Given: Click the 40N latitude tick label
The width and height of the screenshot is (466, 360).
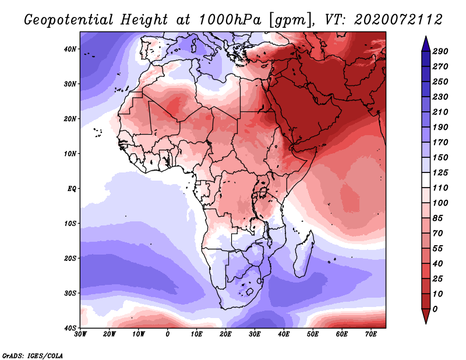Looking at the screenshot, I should click(x=70, y=49).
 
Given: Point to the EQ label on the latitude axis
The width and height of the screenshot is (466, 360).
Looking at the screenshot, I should click(x=72, y=189).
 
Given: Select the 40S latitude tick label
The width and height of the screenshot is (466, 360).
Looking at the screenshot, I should click(x=70, y=328).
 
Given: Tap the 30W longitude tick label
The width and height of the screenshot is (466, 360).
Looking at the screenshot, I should click(x=80, y=334).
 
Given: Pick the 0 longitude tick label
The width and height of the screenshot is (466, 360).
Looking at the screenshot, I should click(x=168, y=334).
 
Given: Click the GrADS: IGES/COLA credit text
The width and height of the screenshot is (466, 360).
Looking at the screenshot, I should click(x=33, y=355).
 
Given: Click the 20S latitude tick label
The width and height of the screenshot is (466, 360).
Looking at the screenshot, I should click(x=70, y=258).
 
